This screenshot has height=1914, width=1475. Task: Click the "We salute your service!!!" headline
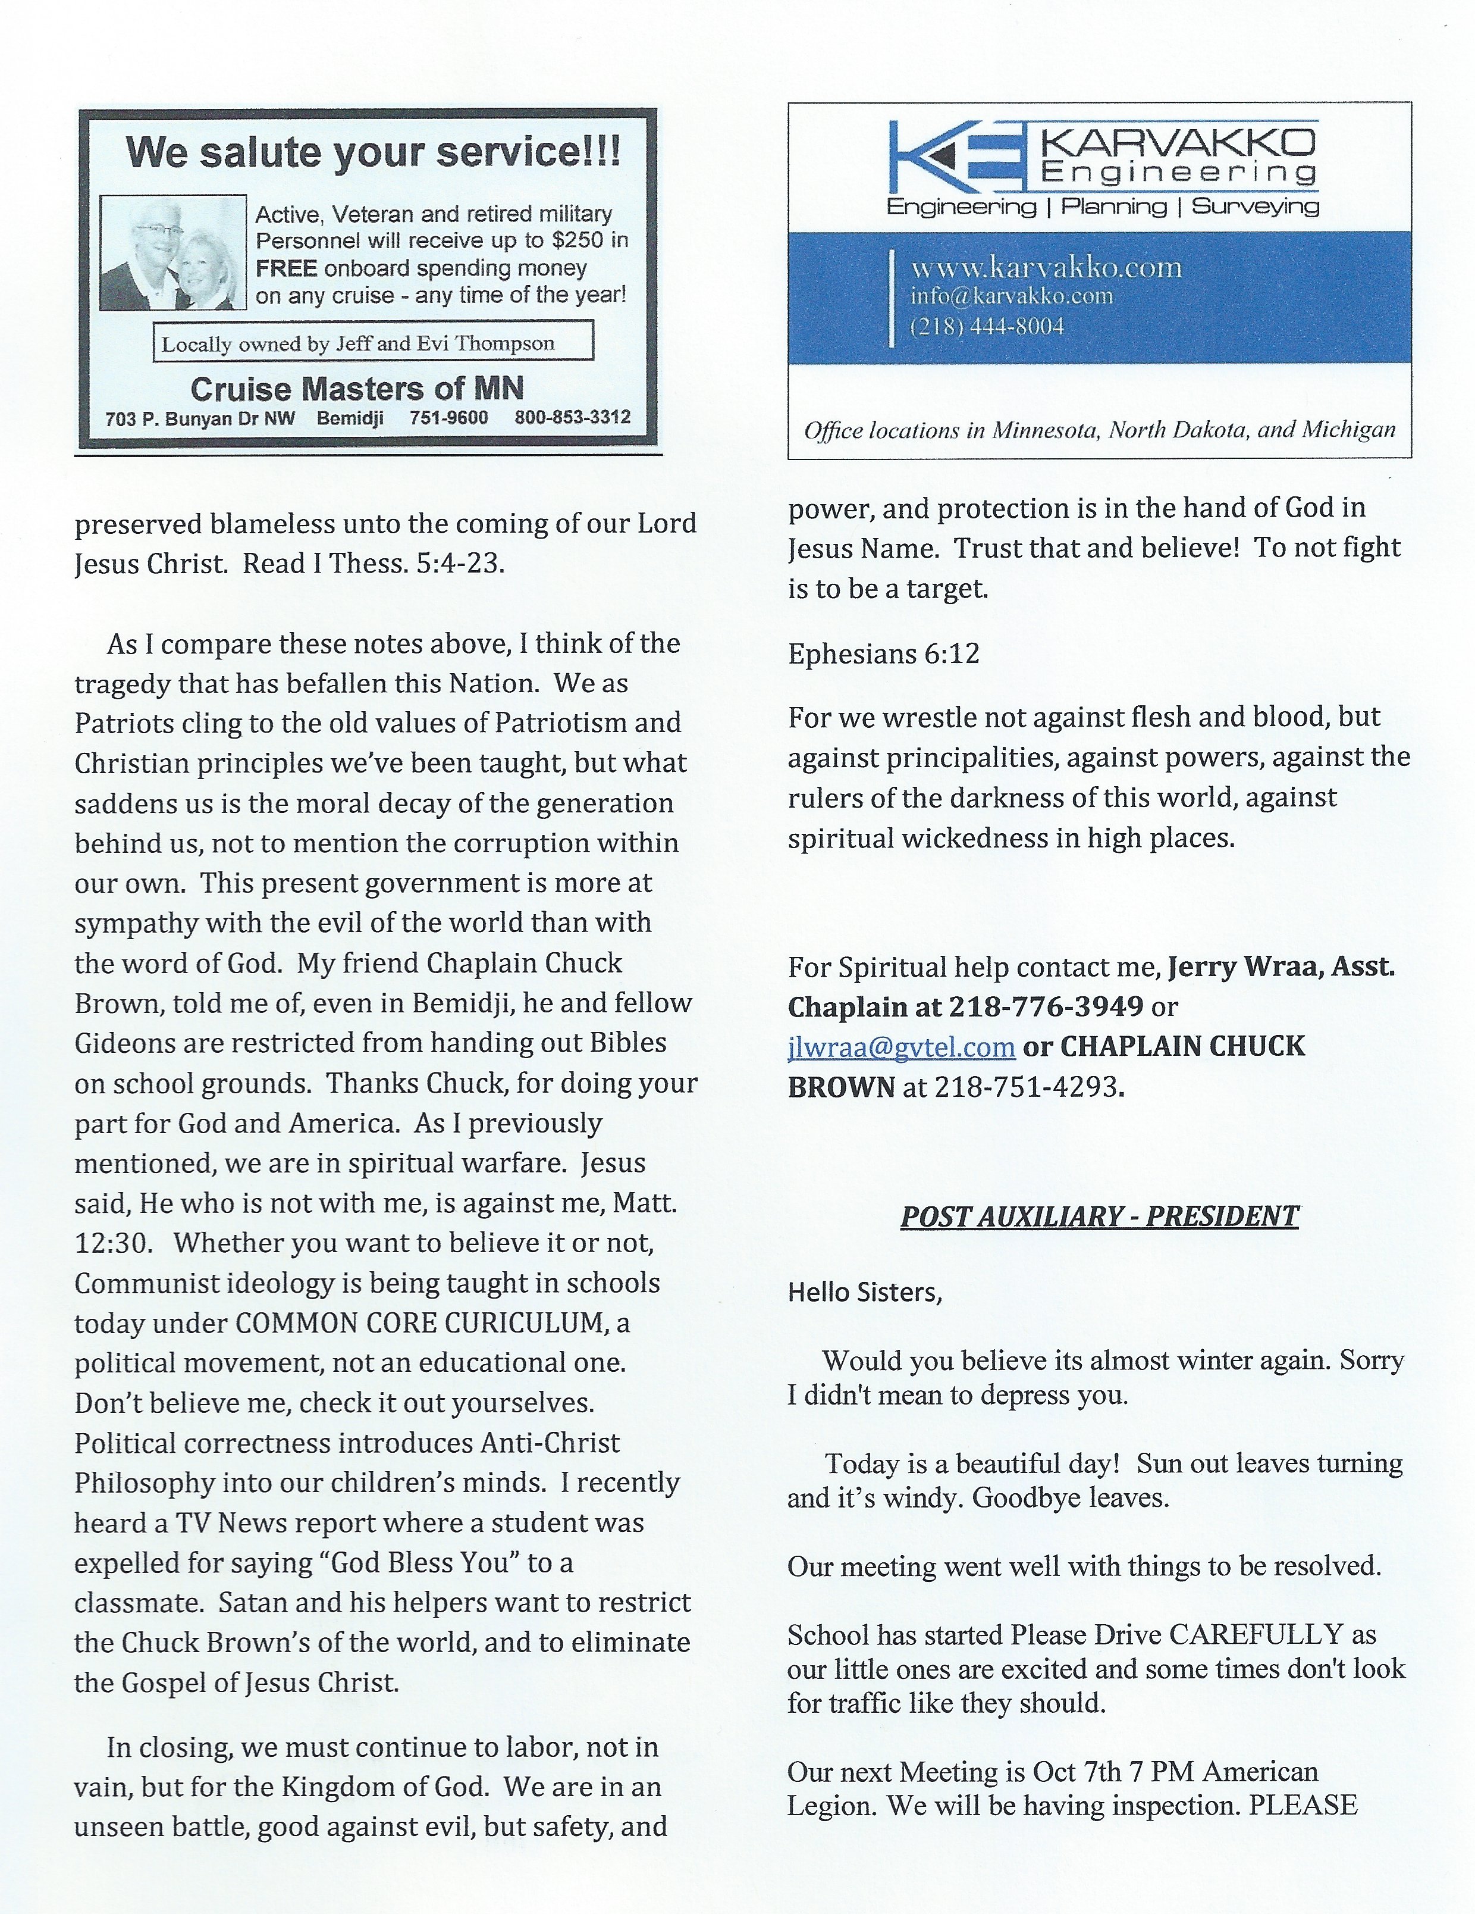[x=373, y=152]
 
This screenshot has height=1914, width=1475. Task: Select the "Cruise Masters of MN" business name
[x=357, y=388]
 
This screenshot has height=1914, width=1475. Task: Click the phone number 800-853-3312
[x=573, y=418]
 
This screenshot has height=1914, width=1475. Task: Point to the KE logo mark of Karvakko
[x=959, y=158]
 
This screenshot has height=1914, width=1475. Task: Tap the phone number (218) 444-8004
[x=987, y=327]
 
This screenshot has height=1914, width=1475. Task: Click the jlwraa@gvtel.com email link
[x=901, y=1046]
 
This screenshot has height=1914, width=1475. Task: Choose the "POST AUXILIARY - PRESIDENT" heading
[x=1099, y=1216]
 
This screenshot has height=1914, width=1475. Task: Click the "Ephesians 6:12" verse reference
[x=884, y=654]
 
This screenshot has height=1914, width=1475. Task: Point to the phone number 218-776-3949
[x=1046, y=1007]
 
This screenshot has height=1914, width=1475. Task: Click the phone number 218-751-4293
[x=1028, y=1087]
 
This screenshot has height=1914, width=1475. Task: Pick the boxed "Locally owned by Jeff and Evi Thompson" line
[x=358, y=343]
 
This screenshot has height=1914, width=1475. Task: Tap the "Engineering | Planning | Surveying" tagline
[x=1103, y=207]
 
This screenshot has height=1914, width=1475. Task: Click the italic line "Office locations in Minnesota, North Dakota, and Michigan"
[x=1099, y=430]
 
